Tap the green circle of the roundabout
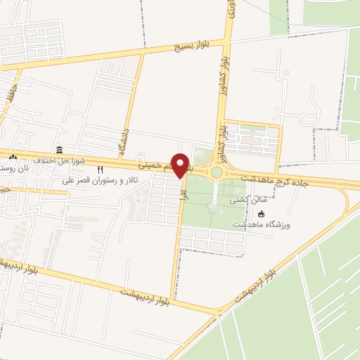(x=217, y=173)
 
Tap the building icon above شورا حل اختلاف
(x=59, y=150)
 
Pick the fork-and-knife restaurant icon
(x=100, y=169)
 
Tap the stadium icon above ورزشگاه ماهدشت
(x=262, y=214)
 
